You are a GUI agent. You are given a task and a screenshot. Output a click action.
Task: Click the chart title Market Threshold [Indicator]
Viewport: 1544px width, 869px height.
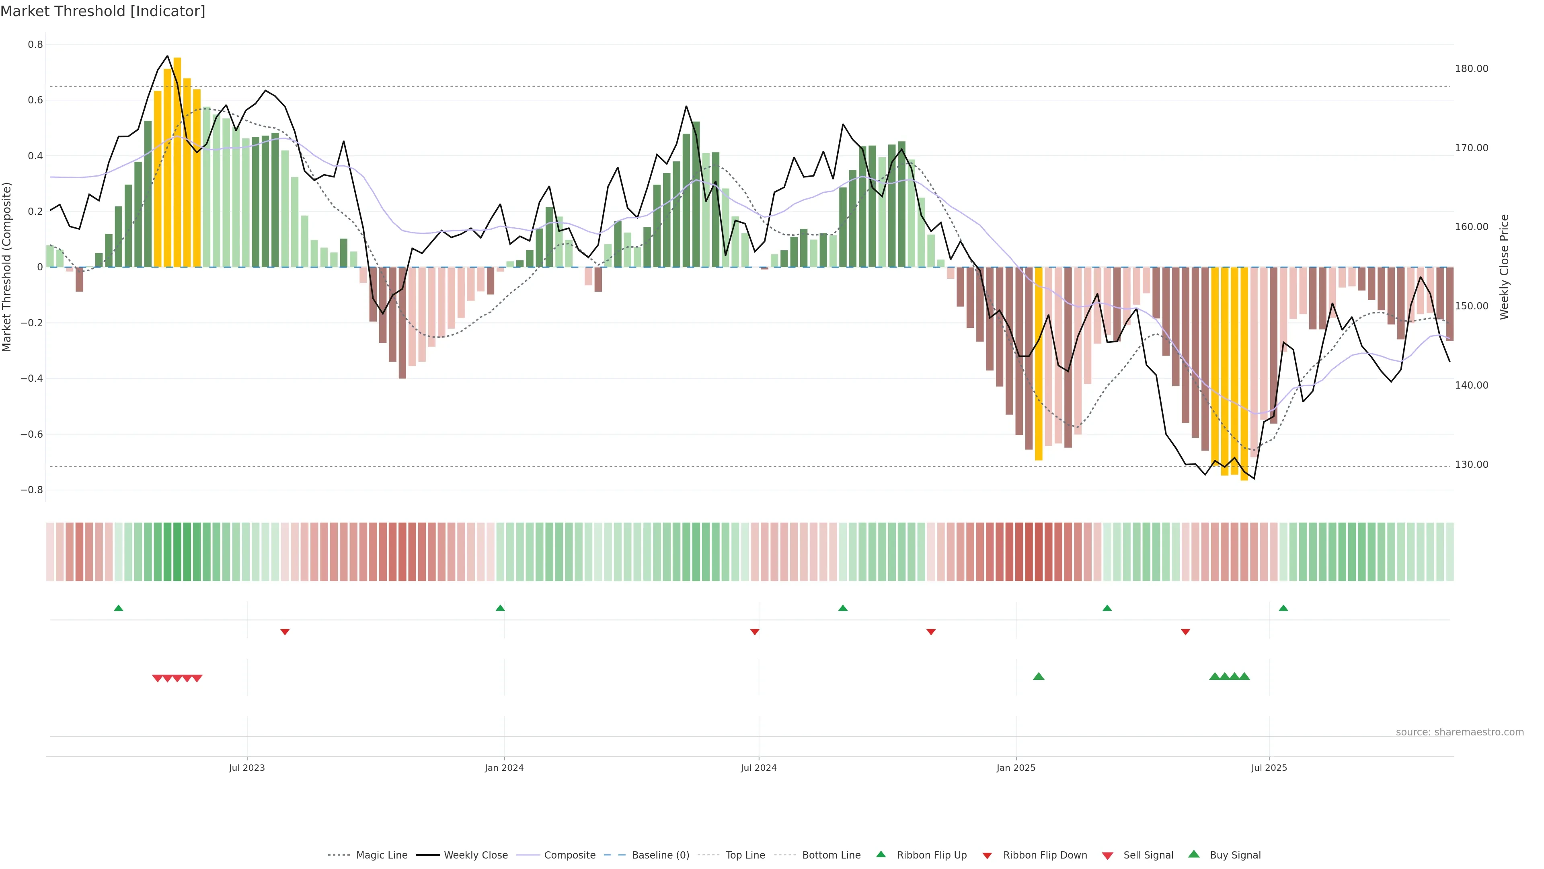click(x=103, y=11)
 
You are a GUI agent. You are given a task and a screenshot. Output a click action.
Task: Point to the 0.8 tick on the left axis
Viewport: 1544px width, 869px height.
click(x=35, y=44)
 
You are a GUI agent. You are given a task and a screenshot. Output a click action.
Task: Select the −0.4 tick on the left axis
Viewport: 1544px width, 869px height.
click(x=32, y=379)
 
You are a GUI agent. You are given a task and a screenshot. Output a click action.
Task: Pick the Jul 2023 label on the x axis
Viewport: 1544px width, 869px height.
click(x=246, y=768)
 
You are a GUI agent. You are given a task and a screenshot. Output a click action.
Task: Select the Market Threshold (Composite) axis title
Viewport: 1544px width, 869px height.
click(x=7, y=267)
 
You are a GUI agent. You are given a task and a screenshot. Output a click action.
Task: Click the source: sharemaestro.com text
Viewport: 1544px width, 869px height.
click(x=1460, y=732)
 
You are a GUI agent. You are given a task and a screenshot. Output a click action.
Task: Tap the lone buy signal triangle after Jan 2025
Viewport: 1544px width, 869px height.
click(x=1039, y=676)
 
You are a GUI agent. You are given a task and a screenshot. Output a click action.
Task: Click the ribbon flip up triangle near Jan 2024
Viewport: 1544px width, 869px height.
click(x=501, y=608)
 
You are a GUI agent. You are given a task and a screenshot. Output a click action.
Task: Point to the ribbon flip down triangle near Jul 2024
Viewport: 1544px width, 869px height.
click(x=755, y=632)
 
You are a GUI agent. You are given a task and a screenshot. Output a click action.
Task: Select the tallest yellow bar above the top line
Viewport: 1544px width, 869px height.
click(x=177, y=162)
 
